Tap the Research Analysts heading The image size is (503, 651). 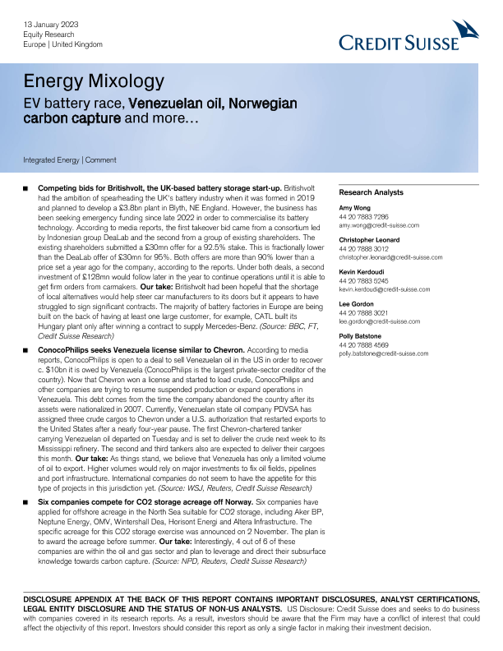(x=371, y=193)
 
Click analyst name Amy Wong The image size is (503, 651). (x=354, y=209)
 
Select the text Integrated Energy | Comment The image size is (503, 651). (x=70, y=159)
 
